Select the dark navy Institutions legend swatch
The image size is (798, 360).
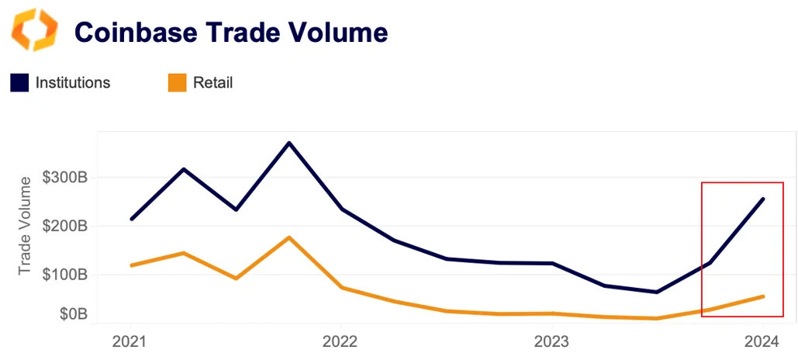point(19,83)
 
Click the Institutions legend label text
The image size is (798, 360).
point(73,83)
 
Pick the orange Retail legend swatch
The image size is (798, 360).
point(177,83)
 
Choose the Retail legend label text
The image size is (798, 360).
point(212,83)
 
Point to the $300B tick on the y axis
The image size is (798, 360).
point(66,178)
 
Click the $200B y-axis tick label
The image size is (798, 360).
point(66,226)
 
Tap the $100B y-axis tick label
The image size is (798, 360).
point(66,274)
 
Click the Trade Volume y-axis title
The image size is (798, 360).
point(26,225)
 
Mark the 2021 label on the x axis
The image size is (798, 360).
point(130,341)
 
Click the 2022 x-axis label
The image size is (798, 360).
point(340,341)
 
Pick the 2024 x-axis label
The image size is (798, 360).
point(762,341)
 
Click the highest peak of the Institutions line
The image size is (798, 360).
point(289,143)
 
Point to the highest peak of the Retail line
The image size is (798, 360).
point(289,237)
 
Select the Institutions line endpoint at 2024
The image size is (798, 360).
point(763,199)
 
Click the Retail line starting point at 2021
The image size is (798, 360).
point(131,265)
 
